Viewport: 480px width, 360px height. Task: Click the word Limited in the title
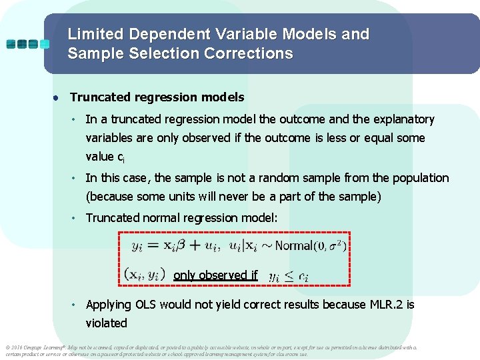pos(95,34)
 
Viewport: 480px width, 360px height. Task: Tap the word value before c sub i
pos(100,157)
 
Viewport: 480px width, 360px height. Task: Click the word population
pos(419,178)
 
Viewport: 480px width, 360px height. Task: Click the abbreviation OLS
pos(148,305)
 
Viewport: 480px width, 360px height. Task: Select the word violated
pos(106,323)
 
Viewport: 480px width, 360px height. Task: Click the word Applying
pos(109,305)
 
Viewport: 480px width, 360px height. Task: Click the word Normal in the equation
pos(293,245)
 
